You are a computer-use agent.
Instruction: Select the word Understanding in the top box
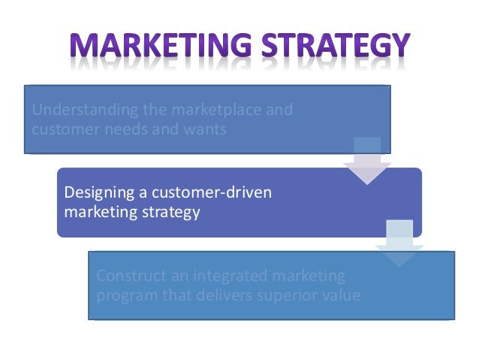75,110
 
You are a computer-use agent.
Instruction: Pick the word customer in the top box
58,129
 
